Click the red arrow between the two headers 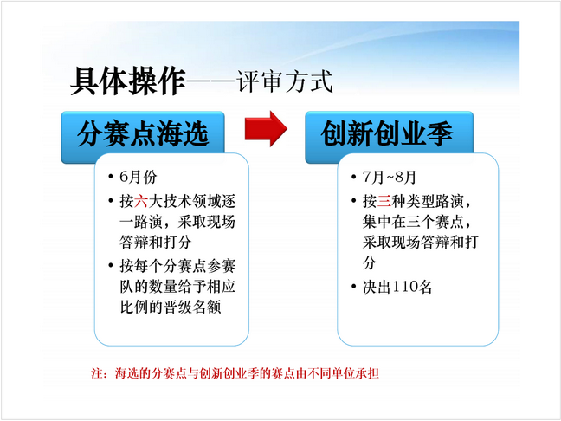[x=266, y=129]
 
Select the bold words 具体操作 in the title [x=128, y=81]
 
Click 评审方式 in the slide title [x=285, y=82]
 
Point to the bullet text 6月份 [x=139, y=177]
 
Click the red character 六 [x=141, y=201]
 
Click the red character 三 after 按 [x=384, y=201]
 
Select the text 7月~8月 [x=390, y=177]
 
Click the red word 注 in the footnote [x=97, y=373]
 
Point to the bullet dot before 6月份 [x=111, y=177]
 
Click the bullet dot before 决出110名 [x=353, y=287]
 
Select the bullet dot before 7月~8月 [x=353, y=177]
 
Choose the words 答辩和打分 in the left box [x=155, y=243]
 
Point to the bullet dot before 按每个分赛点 [x=111, y=266]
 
